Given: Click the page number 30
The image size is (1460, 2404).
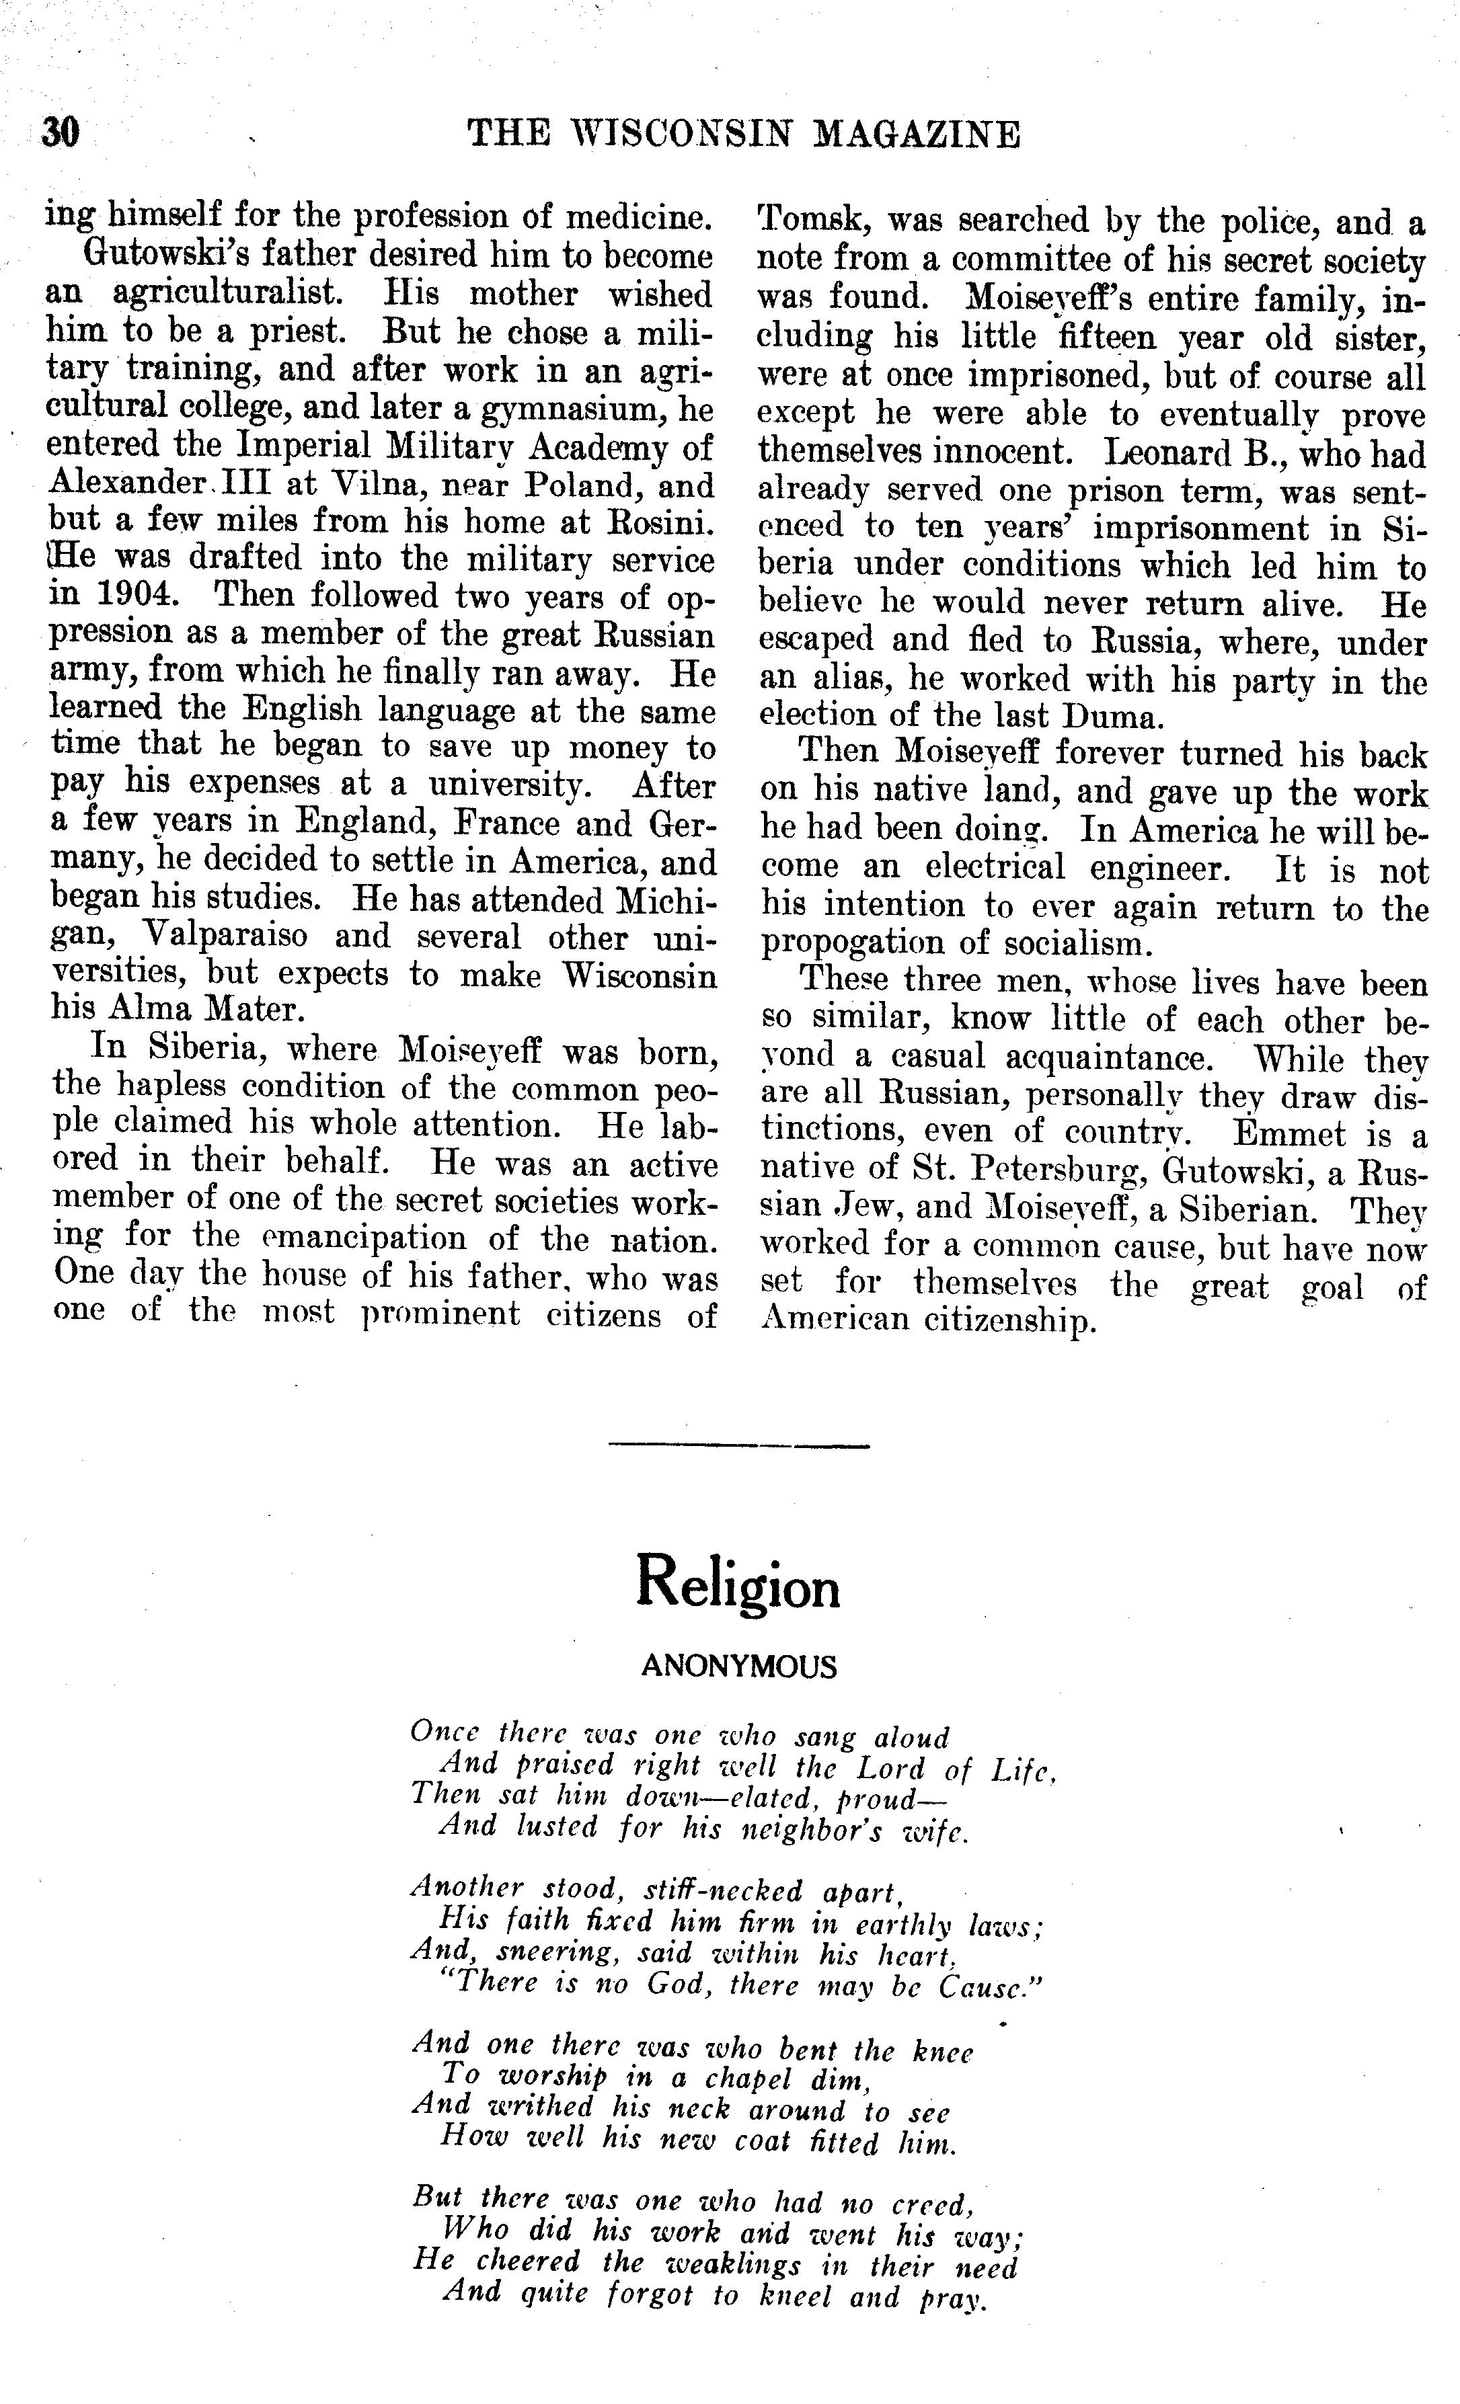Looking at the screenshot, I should pos(60,132).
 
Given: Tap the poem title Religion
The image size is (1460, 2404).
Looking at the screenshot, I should pos(737,1585).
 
